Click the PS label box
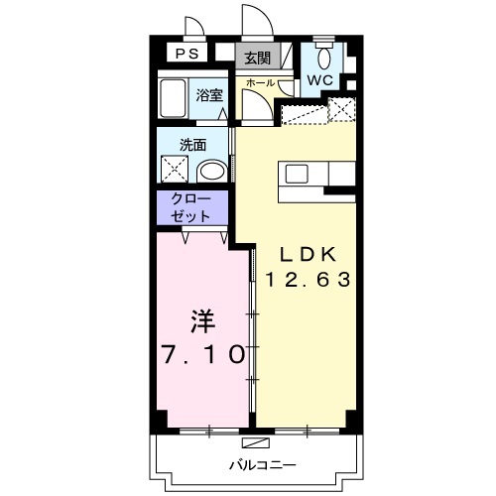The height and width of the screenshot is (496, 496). (186, 53)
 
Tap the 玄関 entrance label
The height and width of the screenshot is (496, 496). (257, 59)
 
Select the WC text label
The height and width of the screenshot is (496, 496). (319, 79)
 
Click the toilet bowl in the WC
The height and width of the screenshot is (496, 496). (323, 59)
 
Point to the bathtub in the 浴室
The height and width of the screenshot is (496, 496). (172, 98)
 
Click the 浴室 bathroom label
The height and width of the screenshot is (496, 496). (209, 95)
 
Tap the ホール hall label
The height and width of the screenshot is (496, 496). (261, 82)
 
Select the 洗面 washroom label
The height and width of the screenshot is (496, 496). (193, 145)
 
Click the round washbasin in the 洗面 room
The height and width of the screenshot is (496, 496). (212, 172)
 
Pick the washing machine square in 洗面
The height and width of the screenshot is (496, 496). (175, 169)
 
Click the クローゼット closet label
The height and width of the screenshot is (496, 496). (190, 207)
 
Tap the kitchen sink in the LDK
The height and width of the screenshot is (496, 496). (297, 174)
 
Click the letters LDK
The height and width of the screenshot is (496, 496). (309, 254)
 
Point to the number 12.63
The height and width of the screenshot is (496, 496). (308, 280)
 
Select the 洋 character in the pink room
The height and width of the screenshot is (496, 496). (202, 321)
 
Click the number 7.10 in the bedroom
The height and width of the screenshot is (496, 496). (203, 354)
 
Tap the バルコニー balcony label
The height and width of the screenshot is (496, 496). (263, 465)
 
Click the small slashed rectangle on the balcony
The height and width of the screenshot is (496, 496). (256, 442)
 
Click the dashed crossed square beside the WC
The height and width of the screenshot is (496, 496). (342, 109)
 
